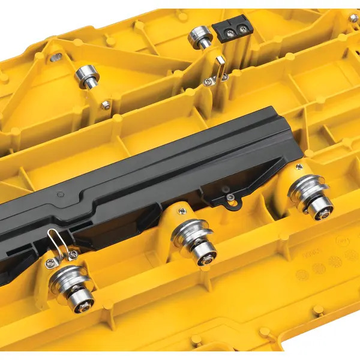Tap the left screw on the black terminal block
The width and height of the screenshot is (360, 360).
[227, 28]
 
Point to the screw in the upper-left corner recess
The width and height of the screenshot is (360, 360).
[56, 57]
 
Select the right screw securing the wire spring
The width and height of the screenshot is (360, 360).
[73, 255]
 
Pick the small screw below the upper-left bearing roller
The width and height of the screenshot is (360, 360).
[106, 105]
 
